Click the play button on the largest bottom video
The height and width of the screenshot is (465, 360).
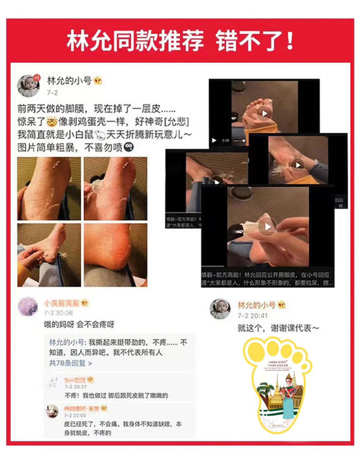pos(263,226)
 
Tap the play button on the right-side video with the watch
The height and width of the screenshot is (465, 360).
pos(298,165)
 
